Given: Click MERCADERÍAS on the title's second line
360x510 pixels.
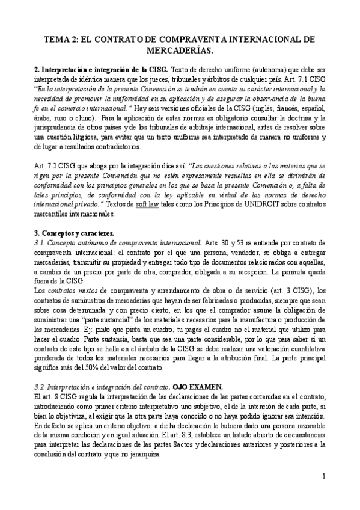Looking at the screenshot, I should [x=180, y=51].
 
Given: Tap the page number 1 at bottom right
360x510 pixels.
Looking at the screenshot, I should [x=324, y=476].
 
